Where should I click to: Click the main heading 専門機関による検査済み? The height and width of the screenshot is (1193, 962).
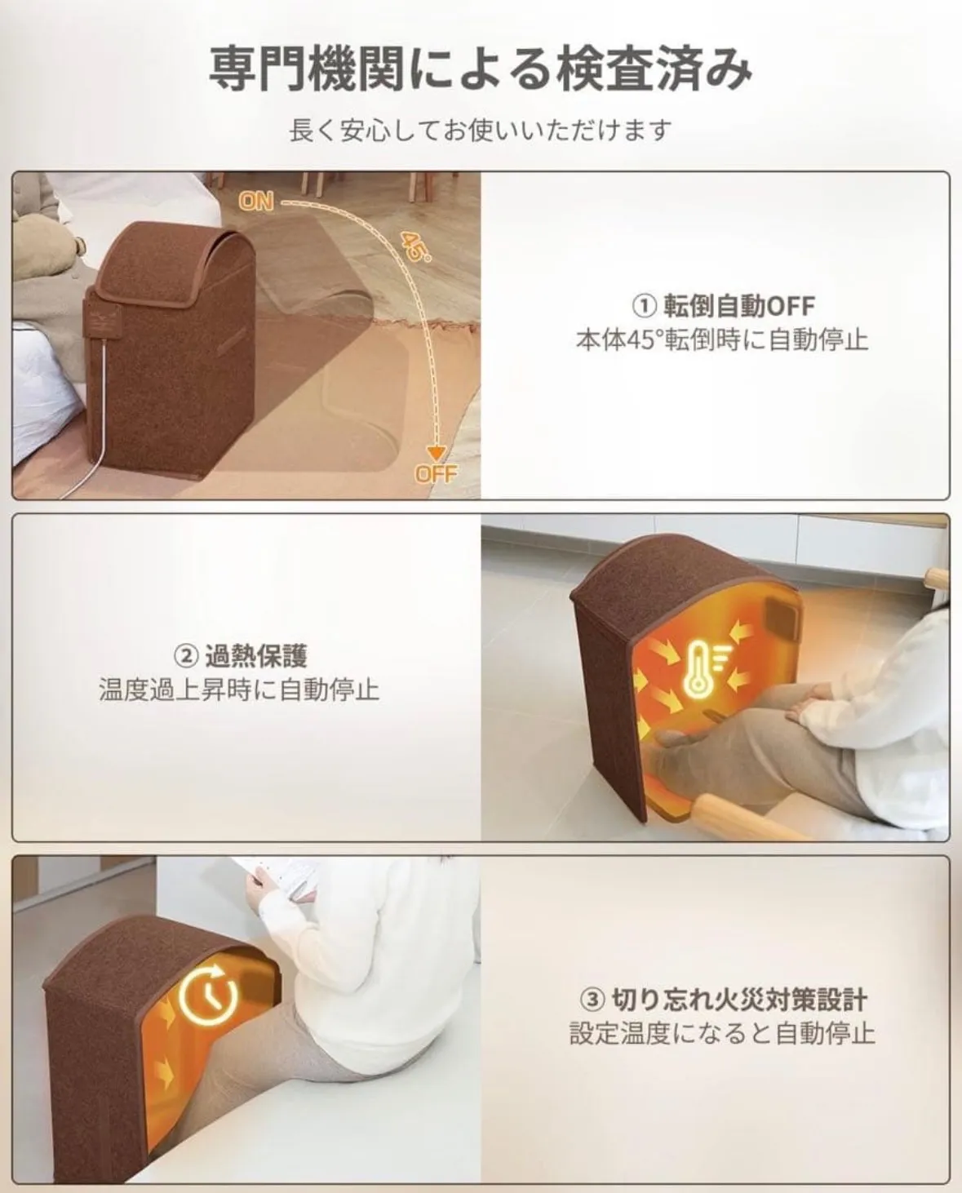point(481,70)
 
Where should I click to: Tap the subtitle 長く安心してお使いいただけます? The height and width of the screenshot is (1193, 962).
point(481,131)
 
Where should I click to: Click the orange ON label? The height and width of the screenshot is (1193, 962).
point(256,202)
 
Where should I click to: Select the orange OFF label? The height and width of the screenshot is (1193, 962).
point(437,474)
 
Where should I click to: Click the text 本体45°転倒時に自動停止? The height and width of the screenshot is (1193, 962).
point(722,339)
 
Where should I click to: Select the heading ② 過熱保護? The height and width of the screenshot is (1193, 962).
point(241,657)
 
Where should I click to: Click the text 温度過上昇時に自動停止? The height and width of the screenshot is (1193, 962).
point(240,690)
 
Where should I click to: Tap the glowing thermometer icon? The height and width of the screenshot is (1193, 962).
point(700,669)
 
